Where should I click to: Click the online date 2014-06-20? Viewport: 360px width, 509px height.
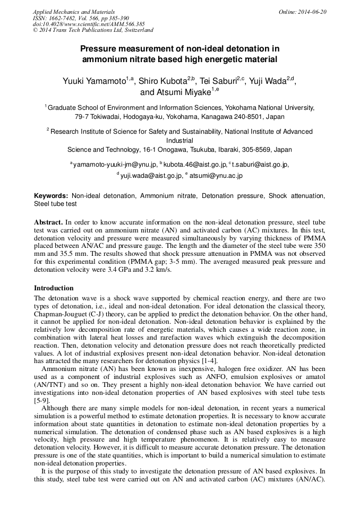coord(313,12)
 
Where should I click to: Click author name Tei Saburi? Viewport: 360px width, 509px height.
coord(218,82)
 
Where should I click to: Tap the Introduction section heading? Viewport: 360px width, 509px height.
coord(54,288)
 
